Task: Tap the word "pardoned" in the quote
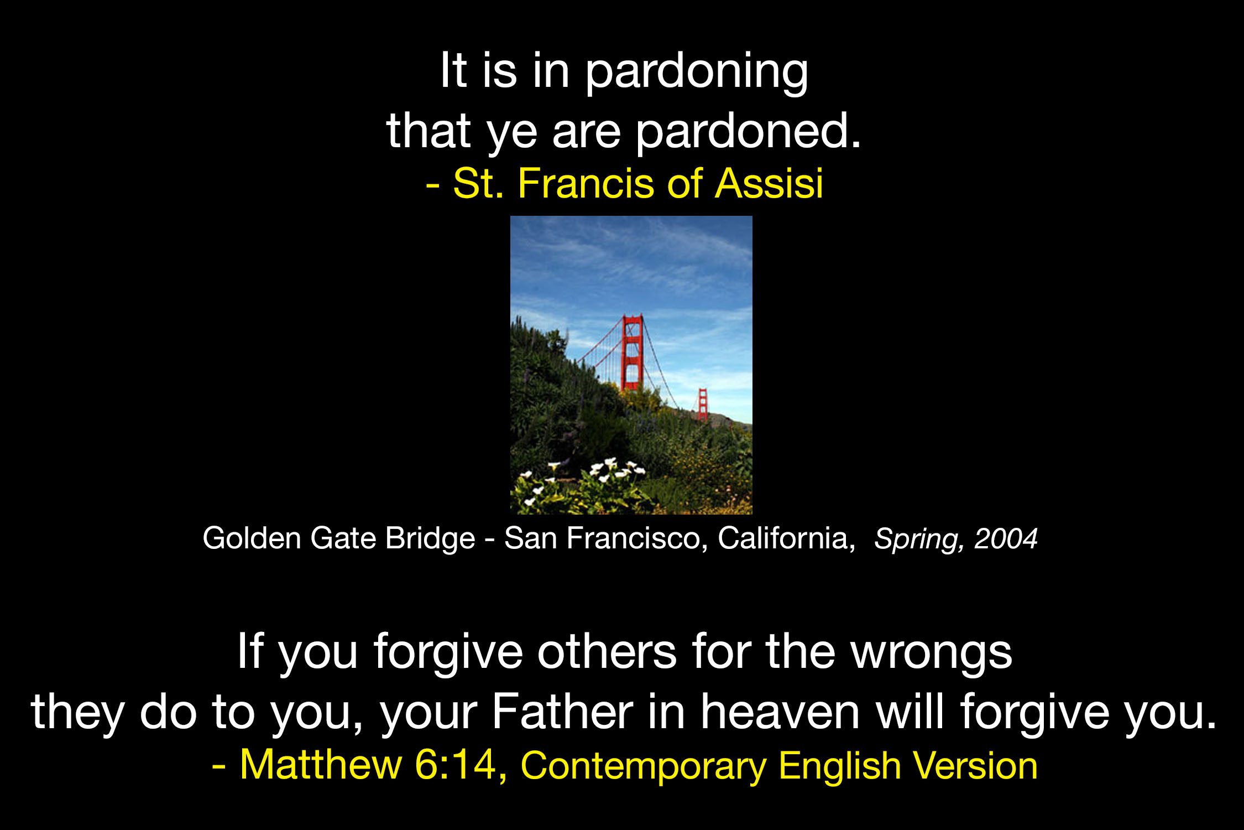click(741, 132)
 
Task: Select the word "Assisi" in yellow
click(769, 183)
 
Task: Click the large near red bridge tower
click(632, 352)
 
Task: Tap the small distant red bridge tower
click(703, 404)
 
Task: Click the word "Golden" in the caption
click(252, 538)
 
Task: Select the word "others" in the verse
click(607, 652)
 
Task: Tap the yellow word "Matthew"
click(321, 765)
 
